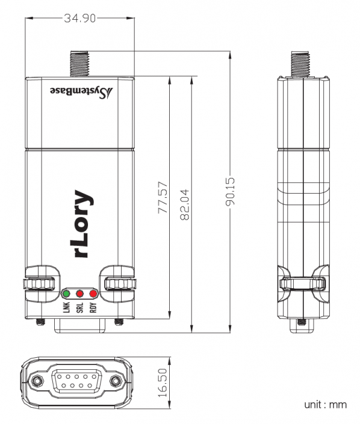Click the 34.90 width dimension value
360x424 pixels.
coord(79,18)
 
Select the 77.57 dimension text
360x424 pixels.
coord(162,200)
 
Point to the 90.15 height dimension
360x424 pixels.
coord(230,192)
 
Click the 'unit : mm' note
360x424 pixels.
coord(325,405)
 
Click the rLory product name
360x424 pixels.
coord(84,224)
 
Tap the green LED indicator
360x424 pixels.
coord(66,293)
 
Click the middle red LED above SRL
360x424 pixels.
coord(79,293)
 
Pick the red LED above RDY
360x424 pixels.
coord(93,293)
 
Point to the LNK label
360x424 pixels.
coord(66,308)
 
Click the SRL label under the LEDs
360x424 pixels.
coord(79,308)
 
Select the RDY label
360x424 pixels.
coord(93,308)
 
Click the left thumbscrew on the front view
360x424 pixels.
coord(40,283)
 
